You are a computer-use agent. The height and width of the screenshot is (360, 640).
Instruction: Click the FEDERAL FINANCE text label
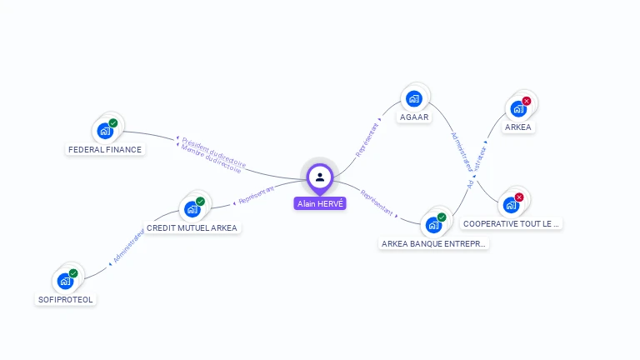click(105, 149)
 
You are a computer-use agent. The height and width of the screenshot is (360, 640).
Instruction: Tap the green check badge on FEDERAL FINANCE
click(113, 123)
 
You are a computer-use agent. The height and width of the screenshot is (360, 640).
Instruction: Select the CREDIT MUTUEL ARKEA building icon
click(192, 208)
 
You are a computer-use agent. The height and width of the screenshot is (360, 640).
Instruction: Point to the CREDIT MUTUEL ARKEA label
click(192, 227)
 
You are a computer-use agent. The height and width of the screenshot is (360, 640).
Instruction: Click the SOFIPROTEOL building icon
click(65, 281)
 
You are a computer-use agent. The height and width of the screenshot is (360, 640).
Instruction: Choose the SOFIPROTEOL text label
click(66, 299)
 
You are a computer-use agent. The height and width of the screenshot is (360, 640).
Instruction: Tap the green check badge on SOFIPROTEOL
click(73, 273)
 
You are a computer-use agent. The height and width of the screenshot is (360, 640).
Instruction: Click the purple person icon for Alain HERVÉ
click(320, 177)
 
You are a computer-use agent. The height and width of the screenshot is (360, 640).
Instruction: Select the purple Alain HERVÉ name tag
click(320, 203)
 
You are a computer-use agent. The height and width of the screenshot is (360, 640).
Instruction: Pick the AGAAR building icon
click(414, 99)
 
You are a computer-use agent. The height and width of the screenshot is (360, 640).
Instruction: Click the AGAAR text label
click(414, 117)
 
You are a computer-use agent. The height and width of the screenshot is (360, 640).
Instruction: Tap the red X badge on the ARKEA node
click(527, 101)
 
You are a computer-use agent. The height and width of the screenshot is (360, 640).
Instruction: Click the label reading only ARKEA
click(518, 127)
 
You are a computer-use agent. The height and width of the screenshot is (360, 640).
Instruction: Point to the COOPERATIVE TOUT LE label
click(512, 223)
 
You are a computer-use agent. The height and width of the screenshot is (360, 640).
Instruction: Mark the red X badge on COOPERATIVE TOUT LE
click(519, 197)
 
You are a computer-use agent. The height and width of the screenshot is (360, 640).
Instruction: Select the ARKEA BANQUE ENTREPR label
click(434, 243)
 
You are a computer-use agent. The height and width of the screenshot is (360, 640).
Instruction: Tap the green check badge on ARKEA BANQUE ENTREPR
click(442, 217)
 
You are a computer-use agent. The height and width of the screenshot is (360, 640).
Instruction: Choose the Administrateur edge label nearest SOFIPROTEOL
click(128, 247)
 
